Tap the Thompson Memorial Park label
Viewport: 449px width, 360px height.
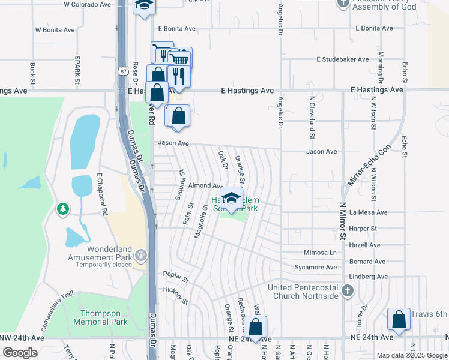pos(101,317)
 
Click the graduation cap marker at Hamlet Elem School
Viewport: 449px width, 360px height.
pos(231,198)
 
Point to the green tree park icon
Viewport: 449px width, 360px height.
pos(62,208)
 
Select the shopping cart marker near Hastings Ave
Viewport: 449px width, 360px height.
pos(179,59)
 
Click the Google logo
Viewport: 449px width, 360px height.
pos(20,353)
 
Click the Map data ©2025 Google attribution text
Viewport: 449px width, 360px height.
pos(411,355)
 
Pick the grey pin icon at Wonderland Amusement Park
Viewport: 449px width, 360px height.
pos(141,255)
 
